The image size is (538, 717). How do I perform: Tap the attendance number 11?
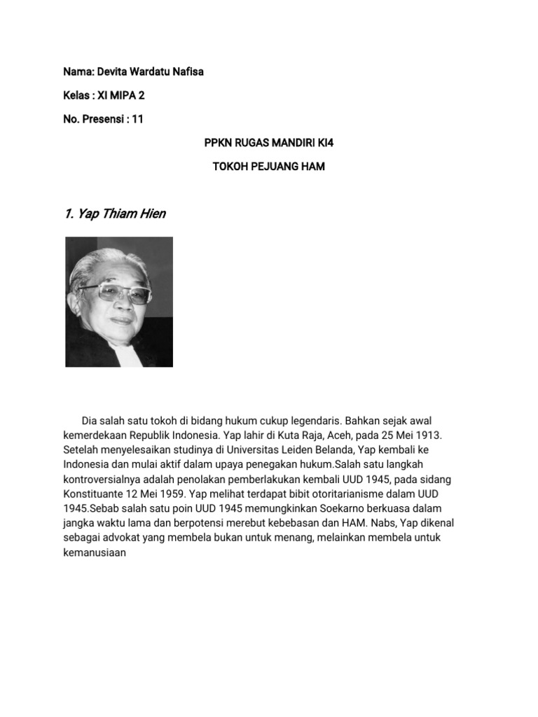[137, 119]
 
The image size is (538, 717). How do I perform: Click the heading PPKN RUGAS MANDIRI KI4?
[268, 143]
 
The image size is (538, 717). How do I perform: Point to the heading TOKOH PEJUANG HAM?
[268, 167]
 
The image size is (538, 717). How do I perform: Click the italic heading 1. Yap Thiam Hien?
[114, 214]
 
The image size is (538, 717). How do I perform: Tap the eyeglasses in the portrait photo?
[115, 291]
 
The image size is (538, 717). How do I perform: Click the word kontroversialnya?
[106, 478]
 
